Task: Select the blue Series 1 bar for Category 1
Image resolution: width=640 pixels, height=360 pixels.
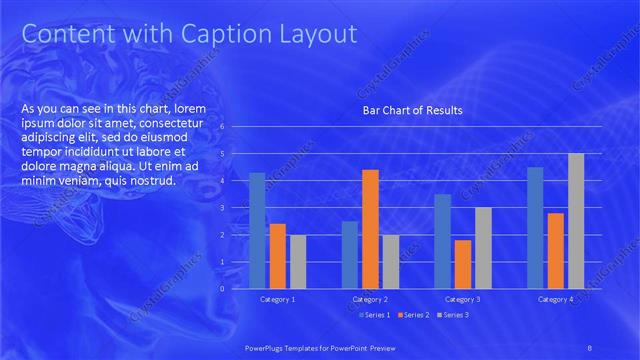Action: pyautogui.click(x=257, y=230)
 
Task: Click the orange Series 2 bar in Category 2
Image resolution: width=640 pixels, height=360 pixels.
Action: pyautogui.click(x=370, y=228)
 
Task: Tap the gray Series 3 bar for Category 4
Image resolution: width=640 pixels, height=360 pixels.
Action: pyautogui.click(x=576, y=221)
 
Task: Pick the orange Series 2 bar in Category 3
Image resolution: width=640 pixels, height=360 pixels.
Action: pyautogui.click(x=462, y=263)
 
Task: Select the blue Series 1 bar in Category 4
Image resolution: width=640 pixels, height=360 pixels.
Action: pyautogui.click(x=535, y=227)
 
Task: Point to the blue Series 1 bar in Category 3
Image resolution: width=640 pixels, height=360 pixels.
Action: pyautogui.click(x=442, y=240)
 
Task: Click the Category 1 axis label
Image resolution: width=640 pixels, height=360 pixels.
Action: pyautogui.click(x=277, y=299)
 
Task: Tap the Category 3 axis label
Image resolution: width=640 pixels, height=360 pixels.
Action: pyautogui.click(x=462, y=299)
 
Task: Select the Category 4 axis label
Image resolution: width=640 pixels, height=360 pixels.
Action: pyautogui.click(x=555, y=299)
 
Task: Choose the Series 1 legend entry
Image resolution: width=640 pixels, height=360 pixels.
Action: pyautogui.click(x=375, y=316)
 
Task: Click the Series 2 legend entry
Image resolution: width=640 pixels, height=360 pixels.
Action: pyautogui.click(x=413, y=316)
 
